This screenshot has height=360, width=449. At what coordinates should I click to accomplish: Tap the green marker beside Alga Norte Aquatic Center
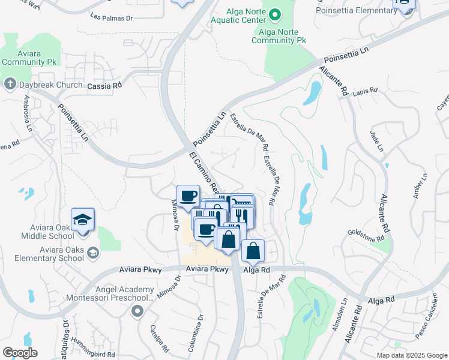click(x=275, y=14)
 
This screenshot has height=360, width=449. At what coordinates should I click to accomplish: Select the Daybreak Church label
click(x=50, y=85)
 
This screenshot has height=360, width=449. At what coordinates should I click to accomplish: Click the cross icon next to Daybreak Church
click(x=10, y=85)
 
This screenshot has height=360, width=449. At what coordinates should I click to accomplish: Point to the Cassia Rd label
click(x=104, y=86)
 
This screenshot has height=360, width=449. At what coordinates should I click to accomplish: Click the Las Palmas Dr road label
click(x=111, y=17)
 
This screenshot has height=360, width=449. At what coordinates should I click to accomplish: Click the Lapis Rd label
click(x=365, y=91)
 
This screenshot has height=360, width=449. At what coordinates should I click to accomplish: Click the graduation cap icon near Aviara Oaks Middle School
click(x=83, y=220)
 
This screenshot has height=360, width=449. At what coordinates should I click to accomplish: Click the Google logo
click(x=20, y=353)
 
